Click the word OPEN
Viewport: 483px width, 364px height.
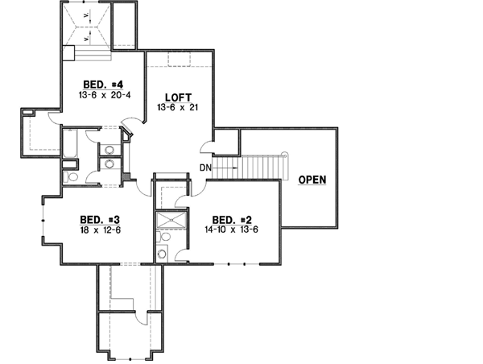312,179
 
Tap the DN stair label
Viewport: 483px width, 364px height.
206,168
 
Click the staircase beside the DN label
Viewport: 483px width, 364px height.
257,168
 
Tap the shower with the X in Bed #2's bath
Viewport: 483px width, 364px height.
170,221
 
